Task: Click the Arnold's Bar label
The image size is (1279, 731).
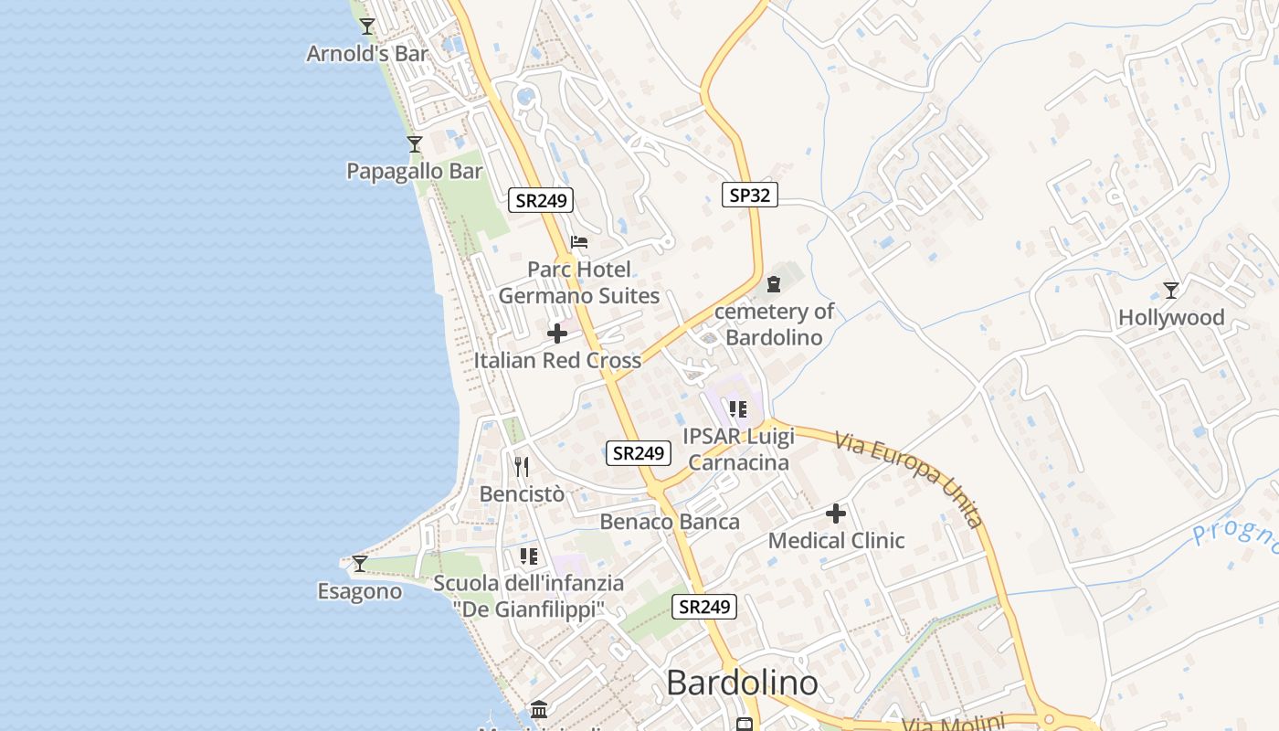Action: click(366, 54)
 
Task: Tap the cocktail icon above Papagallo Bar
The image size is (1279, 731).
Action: click(415, 144)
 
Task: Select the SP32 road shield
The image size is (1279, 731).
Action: click(749, 195)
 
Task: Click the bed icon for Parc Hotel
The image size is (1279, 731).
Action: click(579, 242)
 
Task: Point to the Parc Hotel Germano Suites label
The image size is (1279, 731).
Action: click(578, 282)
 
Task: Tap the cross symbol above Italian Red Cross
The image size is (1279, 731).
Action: click(557, 334)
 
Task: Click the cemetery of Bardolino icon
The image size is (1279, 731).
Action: click(774, 284)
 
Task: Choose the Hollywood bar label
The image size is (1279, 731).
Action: click(1171, 318)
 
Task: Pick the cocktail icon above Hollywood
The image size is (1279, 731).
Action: click(1171, 291)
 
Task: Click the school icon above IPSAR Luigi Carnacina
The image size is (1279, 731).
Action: click(738, 408)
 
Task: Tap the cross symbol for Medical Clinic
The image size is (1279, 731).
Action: click(836, 514)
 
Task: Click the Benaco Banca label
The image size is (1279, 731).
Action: click(670, 522)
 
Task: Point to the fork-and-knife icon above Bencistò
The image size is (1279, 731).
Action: click(522, 467)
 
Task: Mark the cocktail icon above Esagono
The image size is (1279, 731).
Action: click(360, 564)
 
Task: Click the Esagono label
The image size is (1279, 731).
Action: click(360, 592)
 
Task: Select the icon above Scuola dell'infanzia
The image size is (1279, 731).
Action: click(529, 556)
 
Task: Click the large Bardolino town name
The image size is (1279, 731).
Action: click(742, 683)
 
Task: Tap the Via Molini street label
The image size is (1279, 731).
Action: click(953, 723)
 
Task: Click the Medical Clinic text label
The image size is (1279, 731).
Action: click(836, 541)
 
